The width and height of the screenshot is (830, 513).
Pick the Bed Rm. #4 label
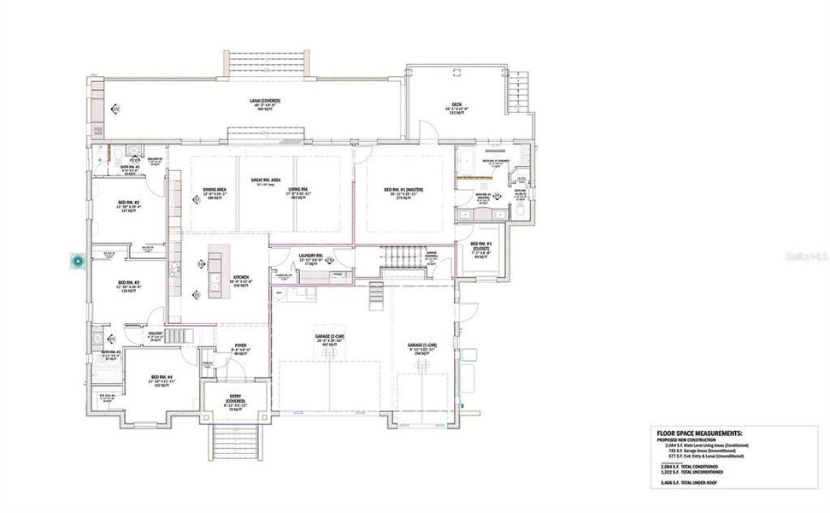(163, 381)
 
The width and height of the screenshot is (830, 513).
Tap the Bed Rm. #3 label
(129, 286)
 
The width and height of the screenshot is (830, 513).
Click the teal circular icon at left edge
(79, 262)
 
